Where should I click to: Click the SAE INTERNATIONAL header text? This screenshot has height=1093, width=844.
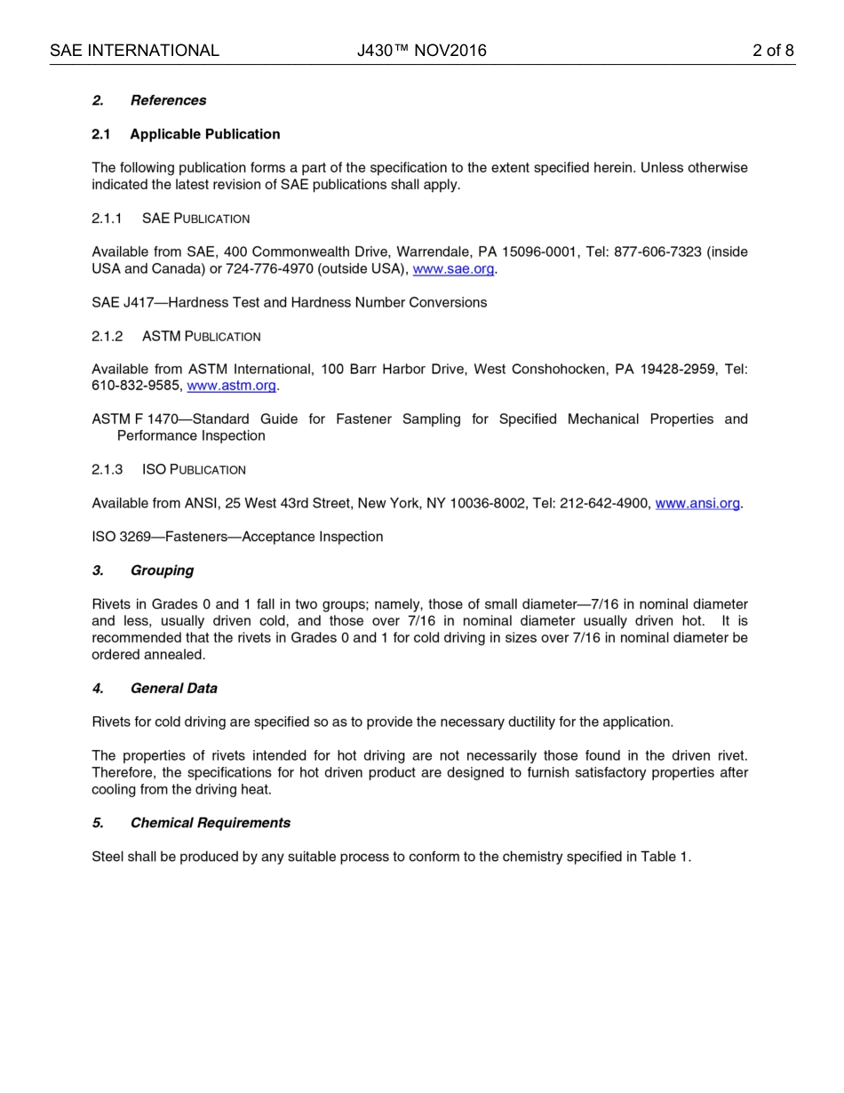click(x=134, y=51)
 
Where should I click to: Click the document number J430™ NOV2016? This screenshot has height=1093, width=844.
click(x=421, y=51)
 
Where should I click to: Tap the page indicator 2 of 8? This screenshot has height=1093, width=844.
click(x=772, y=51)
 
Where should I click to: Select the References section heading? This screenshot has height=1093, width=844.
click(x=168, y=100)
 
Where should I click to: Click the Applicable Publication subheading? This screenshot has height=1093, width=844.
click(x=204, y=134)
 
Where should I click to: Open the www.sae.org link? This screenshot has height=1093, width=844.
click(x=453, y=269)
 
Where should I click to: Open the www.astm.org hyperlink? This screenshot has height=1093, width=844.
click(x=231, y=386)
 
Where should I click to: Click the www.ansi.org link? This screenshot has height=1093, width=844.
click(x=697, y=504)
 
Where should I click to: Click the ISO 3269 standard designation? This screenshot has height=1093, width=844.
click(x=122, y=538)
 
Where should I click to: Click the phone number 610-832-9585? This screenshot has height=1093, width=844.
click(x=136, y=386)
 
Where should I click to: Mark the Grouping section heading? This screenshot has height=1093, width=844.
click(x=162, y=570)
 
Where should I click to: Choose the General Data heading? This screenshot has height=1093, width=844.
click(x=173, y=689)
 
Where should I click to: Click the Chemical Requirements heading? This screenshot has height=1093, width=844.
click(x=210, y=823)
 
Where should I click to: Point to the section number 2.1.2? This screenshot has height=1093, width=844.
click(x=107, y=337)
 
